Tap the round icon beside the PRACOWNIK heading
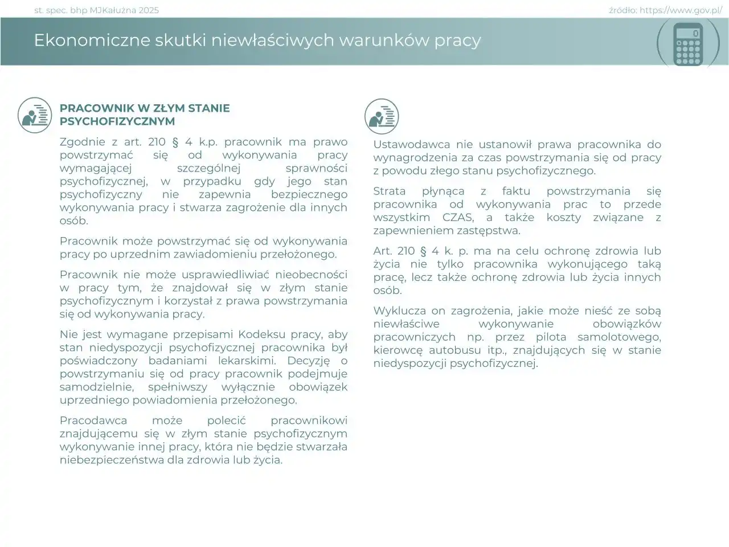[35, 115]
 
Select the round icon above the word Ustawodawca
[382, 116]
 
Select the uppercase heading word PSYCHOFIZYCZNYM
[117, 121]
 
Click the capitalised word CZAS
[457, 217]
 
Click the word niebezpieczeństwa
[112, 460]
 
